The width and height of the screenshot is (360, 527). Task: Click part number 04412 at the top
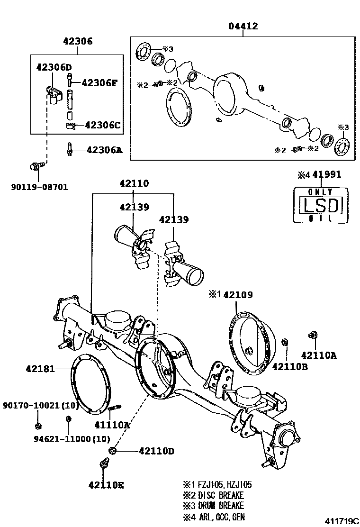(x=243, y=26)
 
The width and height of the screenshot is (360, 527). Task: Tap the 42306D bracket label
(x=54, y=67)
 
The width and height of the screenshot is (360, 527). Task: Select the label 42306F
(x=99, y=82)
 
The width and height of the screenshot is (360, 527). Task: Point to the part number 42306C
(x=103, y=125)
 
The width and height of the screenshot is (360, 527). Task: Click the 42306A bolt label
(x=104, y=150)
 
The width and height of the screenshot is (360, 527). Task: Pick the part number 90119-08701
(x=40, y=187)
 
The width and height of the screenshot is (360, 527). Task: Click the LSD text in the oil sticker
(x=321, y=205)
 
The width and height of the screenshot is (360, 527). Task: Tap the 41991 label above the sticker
(x=327, y=174)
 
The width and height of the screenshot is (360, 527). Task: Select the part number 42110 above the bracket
(x=134, y=183)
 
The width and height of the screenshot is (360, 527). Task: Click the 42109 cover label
(x=238, y=295)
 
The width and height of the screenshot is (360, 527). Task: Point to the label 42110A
(x=319, y=355)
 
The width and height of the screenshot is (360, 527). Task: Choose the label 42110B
(x=290, y=366)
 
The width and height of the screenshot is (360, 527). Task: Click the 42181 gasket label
(x=40, y=369)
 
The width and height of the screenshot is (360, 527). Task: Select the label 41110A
(x=112, y=425)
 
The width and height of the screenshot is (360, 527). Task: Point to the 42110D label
(x=156, y=451)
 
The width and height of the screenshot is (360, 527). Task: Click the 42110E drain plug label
(x=107, y=485)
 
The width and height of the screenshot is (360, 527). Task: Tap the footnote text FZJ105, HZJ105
(x=225, y=485)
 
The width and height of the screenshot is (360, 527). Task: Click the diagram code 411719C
(x=341, y=521)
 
